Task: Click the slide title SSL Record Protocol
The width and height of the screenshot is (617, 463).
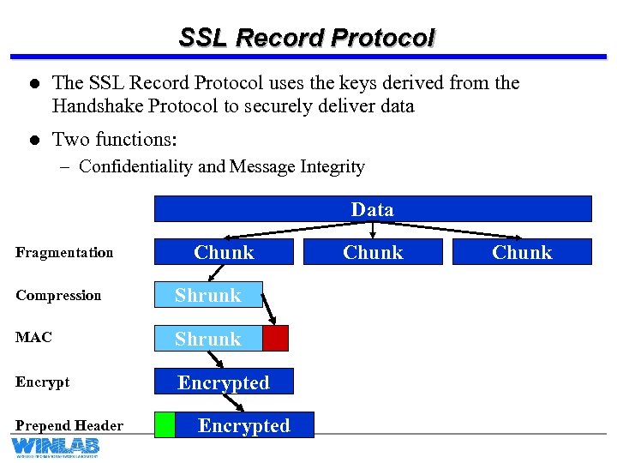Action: (307, 38)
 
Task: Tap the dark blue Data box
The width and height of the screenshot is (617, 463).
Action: (373, 209)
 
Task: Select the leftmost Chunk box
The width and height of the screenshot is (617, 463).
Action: (224, 252)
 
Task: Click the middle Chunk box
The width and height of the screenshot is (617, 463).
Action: (373, 252)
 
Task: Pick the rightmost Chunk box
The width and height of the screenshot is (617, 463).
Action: (522, 252)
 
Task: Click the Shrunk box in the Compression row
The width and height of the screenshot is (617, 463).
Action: (208, 295)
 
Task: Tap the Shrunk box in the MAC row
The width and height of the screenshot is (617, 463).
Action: (208, 339)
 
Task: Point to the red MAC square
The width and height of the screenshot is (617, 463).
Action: (275, 339)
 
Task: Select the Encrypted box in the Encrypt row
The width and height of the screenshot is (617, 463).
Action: (224, 382)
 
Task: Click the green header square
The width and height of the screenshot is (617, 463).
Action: (165, 425)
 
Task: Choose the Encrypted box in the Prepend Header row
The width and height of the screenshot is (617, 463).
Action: (244, 425)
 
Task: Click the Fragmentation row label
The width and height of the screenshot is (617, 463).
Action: (64, 252)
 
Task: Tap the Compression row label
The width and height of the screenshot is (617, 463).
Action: (58, 295)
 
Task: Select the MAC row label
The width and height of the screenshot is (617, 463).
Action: (33, 337)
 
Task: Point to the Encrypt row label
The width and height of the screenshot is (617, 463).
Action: (42, 382)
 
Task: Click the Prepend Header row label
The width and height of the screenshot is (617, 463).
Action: (69, 425)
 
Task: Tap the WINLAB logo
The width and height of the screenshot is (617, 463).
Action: (55, 447)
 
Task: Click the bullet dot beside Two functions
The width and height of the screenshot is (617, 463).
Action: (32, 140)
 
